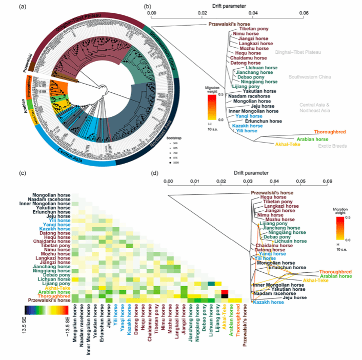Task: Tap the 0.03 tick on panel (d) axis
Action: coord(248,182)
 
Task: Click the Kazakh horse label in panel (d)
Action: coord(267,303)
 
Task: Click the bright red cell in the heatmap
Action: coord(224,293)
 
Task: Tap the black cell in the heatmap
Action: coord(224,300)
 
